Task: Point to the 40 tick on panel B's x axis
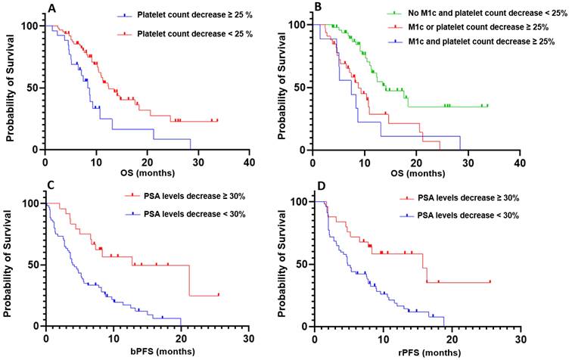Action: click(519, 162)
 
